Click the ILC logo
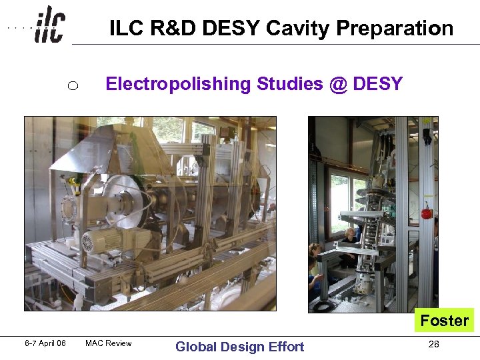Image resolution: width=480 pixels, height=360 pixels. pyautogui.click(x=50, y=25)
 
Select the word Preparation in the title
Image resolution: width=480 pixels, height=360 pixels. pyautogui.click(x=395, y=29)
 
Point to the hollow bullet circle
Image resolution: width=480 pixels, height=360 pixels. pyautogui.click(x=73, y=85)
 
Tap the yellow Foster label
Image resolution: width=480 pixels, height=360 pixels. pyautogui.click(x=444, y=321)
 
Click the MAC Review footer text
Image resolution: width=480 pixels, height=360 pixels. pyautogui.click(x=109, y=344)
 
